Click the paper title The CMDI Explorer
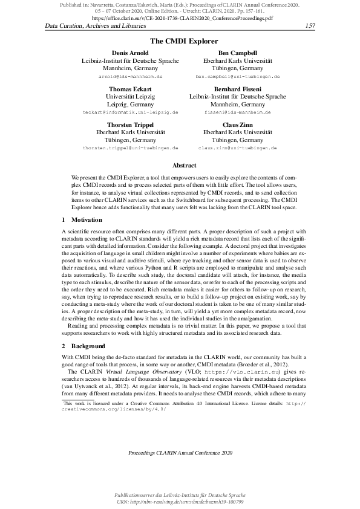180,42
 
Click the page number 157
312,26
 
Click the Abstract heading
180,165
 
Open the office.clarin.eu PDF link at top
180,19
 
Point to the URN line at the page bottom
180,502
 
